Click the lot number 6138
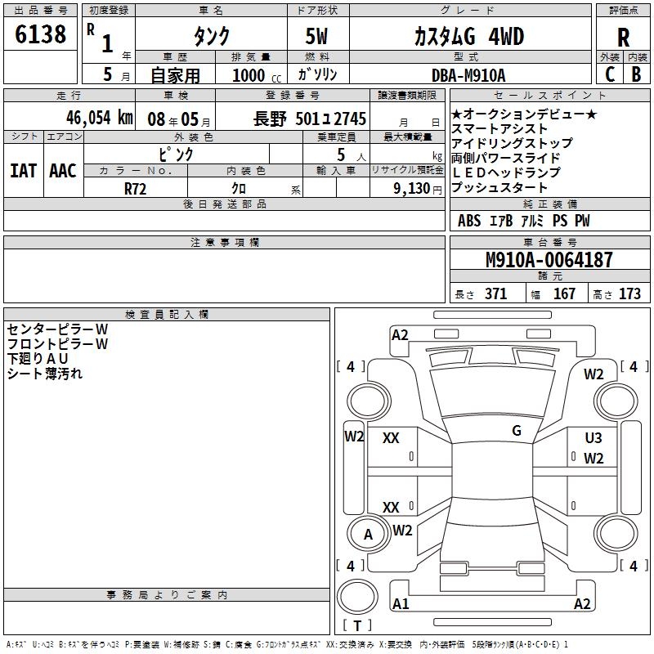click(41, 34)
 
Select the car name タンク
click(211, 36)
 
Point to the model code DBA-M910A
click(468, 75)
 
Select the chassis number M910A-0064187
click(549, 261)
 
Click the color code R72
click(136, 187)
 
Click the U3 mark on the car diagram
click(594, 439)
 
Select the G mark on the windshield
click(517, 431)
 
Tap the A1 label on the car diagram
click(401, 604)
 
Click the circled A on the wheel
click(369, 535)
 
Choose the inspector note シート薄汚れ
click(45, 374)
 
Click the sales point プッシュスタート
click(499, 188)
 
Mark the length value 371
click(495, 294)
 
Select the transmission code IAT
click(23, 171)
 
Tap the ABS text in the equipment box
click(469, 221)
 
